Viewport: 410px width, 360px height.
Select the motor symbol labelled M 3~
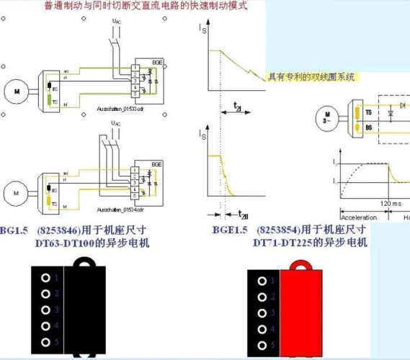pos(328,117)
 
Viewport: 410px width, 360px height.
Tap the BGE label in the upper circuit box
pos(157,65)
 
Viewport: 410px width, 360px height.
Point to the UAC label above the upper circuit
pos(117,23)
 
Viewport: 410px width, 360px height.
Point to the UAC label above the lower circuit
pos(116,123)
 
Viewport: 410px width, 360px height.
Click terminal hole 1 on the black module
pos(45,278)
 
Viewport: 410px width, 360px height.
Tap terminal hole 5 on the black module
pos(45,342)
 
